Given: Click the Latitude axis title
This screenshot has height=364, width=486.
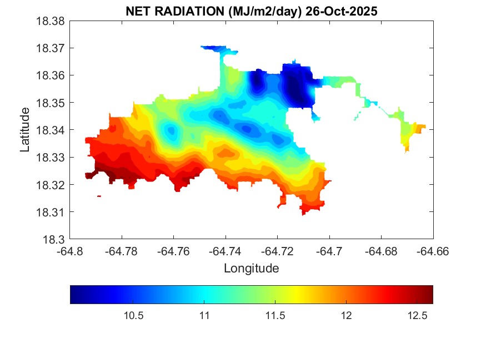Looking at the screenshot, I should click(25, 130).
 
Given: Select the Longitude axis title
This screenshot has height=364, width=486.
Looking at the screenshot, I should click(251, 269).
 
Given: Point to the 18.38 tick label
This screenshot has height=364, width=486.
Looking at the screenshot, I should click(52, 21).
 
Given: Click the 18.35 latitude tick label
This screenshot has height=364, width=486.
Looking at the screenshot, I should click(52, 103).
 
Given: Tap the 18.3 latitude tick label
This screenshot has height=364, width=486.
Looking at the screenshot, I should click(56, 240).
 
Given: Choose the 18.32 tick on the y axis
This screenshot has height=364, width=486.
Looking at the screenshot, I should click(52, 185).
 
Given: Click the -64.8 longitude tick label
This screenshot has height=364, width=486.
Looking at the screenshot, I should click(70, 251).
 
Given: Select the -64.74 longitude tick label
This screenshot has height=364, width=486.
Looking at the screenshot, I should click(226, 251).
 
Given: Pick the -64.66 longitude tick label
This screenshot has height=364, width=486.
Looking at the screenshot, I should click(433, 251).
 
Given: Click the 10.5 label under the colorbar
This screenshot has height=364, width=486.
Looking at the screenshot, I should click(133, 316).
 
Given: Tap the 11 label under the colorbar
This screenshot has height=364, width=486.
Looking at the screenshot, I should click(204, 316).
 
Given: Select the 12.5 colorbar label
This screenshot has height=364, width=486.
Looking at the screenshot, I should click(417, 316).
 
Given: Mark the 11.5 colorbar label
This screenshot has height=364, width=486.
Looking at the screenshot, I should click(275, 316).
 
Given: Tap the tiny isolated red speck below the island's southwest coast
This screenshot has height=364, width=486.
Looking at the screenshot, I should click(99, 196).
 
